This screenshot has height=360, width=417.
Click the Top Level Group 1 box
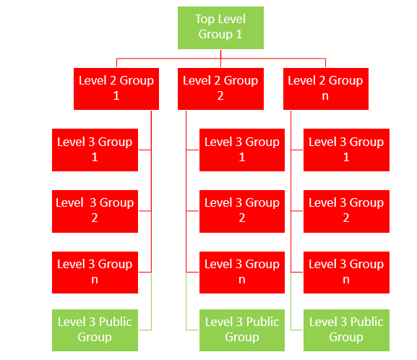220,27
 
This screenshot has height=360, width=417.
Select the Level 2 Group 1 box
116,89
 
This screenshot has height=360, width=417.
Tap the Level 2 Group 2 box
220,89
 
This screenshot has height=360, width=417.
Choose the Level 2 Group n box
326,89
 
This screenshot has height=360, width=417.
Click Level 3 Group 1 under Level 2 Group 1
95,150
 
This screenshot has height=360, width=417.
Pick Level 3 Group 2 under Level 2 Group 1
95,212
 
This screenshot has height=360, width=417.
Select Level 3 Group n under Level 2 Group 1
95,273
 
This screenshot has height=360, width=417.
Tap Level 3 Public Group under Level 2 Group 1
95,330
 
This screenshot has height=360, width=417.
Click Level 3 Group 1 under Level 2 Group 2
242,150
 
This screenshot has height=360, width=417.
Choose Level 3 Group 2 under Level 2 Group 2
242,212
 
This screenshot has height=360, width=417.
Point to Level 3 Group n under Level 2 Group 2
242,273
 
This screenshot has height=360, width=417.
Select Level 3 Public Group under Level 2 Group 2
242,330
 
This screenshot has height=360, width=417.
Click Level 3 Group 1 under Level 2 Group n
346,150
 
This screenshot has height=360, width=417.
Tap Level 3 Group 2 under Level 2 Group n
346,212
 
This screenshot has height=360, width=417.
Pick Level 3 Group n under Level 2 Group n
346,273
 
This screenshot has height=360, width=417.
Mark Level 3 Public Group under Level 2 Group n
346,330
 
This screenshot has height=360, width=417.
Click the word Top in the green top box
205,20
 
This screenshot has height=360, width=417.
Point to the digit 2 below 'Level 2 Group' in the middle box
220,96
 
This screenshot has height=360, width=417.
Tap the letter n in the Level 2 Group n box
325,96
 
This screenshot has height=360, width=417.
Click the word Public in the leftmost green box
116,322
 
